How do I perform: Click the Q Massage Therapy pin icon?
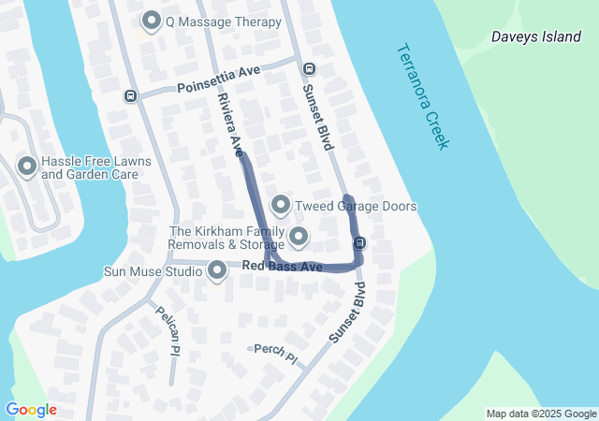152,21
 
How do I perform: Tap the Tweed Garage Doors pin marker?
280,205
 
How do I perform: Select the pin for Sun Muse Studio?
218,271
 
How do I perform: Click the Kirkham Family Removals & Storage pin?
299,237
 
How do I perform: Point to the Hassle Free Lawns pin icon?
26,167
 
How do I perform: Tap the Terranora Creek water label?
423,95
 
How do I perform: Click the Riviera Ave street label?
230,123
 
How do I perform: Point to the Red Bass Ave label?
282,268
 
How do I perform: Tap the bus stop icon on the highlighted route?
359,243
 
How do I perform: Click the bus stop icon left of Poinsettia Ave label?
130,95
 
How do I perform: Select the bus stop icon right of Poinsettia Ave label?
309,68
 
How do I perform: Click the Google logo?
31,410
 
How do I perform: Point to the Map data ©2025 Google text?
541,414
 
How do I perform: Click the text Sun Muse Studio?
153,271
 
